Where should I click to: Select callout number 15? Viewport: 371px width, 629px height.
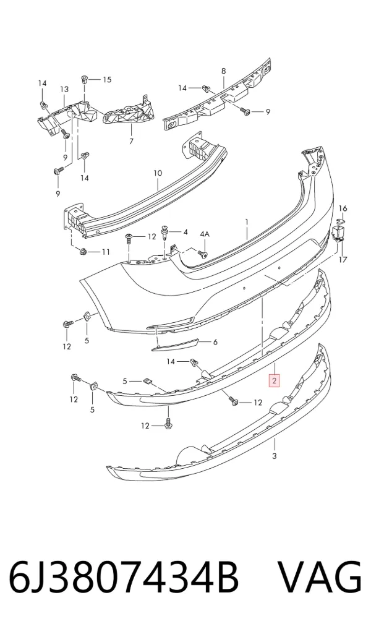point(107,79)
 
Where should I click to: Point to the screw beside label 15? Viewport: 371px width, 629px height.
point(85,79)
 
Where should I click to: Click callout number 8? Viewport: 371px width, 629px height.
point(223,71)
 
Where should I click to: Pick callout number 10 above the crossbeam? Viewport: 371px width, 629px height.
point(158,173)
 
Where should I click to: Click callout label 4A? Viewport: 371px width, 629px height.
point(205,234)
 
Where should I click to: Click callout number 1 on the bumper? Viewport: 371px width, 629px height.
point(247,222)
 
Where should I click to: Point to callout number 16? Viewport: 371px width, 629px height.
point(343,208)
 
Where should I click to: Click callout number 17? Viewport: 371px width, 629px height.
point(343,260)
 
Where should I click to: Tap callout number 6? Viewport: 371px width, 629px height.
point(215,342)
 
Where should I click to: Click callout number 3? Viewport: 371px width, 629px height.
point(275,456)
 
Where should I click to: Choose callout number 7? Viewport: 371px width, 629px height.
point(131,141)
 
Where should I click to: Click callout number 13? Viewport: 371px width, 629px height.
point(64,89)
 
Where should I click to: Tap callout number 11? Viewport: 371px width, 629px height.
point(106,252)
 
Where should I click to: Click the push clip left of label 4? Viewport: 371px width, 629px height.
point(165,232)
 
